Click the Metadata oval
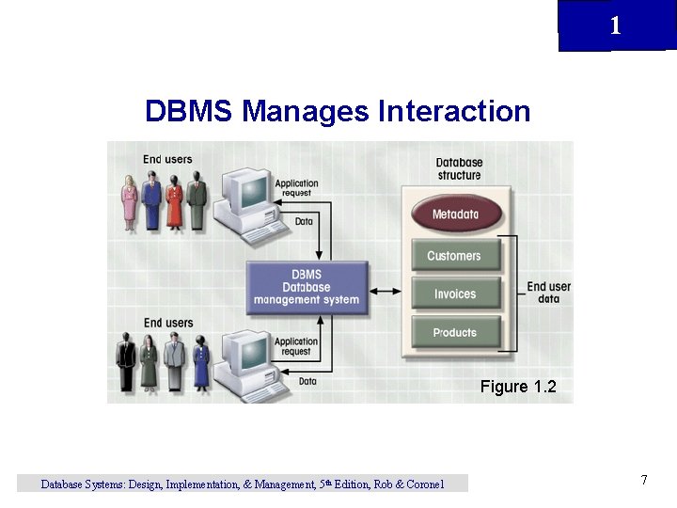tap(455, 214)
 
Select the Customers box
tap(454, 256)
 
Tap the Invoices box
tap(455, 294)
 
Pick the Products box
tap(455, 332)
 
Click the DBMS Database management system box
tap(307, 287)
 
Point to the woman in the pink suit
tap(130, 202)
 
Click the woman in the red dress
tap(174, 202)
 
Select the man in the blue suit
tap(152, 202)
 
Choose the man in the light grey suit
tap(173, 363)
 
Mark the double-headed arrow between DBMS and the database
tap(384, 290)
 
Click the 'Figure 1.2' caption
tap(518, 387)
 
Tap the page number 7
tap(644, 481)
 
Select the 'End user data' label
tap(548, 293)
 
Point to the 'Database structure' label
tap(459, 168)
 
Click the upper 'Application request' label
tap(296, 188)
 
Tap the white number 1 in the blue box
tap(615, 26)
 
